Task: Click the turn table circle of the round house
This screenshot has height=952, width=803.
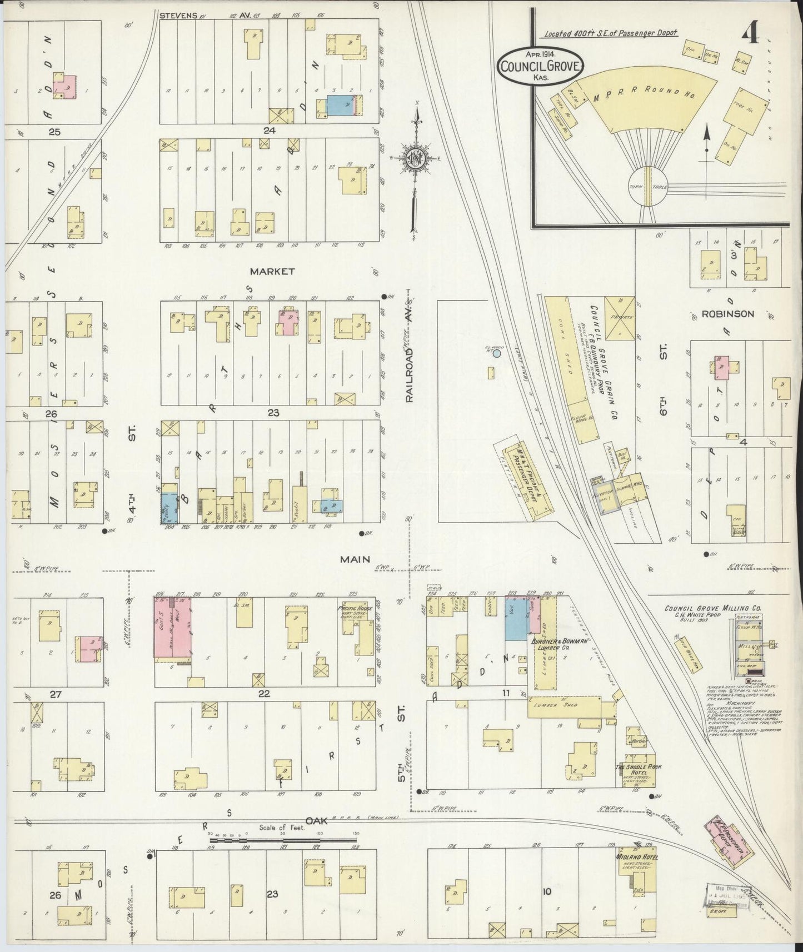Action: [x=648, y=187]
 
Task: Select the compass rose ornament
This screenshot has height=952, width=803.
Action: [x=414, y=157]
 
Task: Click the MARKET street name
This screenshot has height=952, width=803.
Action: [x=272, y=272]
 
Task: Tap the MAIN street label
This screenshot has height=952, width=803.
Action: [x=355, y=559]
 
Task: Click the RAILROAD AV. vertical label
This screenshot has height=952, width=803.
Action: [x=410, y=352]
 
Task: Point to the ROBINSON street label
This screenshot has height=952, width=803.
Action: [x=728, y=314]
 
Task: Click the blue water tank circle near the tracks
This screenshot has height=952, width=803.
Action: [x=497, y=353]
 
